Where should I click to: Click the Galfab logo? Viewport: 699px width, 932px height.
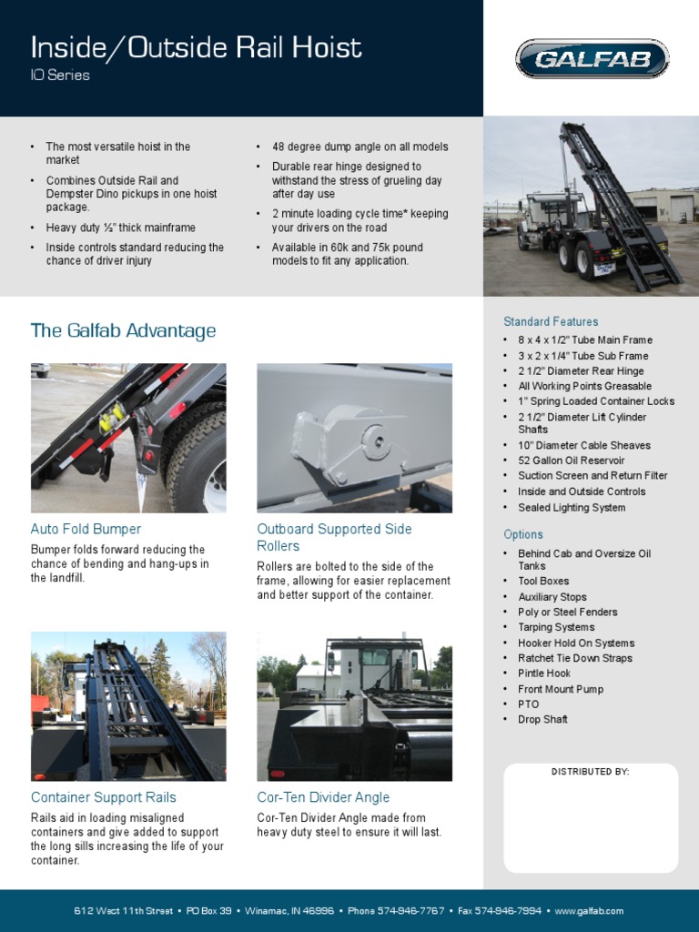592,59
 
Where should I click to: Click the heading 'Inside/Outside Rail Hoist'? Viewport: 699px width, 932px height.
196,47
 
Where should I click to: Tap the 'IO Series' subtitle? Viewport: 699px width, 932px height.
60,76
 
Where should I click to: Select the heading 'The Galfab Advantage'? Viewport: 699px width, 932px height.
123,330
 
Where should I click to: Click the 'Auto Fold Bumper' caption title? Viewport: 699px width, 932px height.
86,529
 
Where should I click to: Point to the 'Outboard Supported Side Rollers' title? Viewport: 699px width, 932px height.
334,537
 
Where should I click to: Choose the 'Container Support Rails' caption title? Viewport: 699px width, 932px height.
104,797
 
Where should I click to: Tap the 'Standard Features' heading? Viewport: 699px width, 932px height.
551,321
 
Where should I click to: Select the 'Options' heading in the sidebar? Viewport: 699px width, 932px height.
523,534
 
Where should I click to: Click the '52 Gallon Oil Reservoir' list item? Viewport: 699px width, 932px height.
572,461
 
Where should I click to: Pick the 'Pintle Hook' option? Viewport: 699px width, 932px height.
544,674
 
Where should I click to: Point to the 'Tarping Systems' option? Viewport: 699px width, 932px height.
556,627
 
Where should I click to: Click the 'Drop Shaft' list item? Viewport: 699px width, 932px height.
542,719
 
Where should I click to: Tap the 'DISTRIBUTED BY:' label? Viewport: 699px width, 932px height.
590,772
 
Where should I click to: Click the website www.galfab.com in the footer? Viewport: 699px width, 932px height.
589,911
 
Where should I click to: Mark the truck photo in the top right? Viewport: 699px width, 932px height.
591,207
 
